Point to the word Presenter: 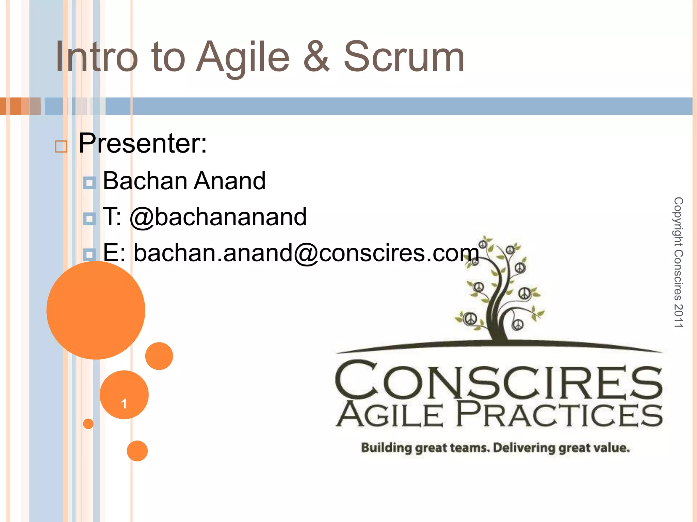click(x=143, y=144)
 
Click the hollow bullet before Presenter click(x=61, y=146)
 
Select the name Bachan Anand click(x=184, y=181)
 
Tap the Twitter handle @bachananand click(x=218, y=217)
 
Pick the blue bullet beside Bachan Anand click(x=89, y=183)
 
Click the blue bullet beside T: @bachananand click(x=89, y=219)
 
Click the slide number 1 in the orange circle click(x=124, y=403)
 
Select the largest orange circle click(x=96, y=310)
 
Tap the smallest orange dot click(x=88, y=423)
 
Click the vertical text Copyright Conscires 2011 click(x=678, y=262)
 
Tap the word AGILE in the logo click(x=390, y=415)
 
